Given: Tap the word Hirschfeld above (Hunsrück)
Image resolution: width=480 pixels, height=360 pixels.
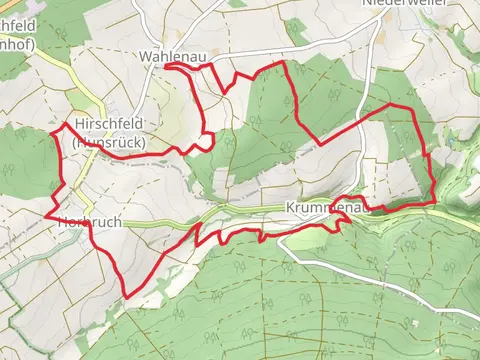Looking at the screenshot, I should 110,124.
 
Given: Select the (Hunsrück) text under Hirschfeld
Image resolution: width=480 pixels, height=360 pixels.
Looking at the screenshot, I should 110,142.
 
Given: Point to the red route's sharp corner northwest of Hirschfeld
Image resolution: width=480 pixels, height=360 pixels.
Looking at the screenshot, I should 65,123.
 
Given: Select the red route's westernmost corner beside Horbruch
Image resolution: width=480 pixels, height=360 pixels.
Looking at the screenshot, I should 46,214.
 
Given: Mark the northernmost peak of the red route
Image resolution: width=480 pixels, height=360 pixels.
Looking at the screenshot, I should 285,62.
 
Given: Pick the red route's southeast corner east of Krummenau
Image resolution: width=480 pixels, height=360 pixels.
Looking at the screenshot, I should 434,203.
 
